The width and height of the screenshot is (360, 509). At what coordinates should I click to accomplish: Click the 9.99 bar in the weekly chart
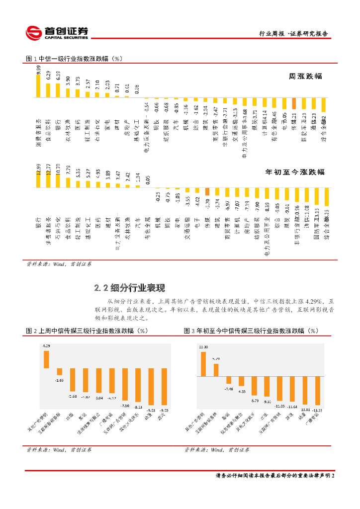tap(38, 87)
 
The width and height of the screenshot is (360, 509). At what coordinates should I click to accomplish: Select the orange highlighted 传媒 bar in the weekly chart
tap(294, 103)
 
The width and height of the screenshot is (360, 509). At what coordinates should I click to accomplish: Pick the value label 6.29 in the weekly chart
tap(48, 76)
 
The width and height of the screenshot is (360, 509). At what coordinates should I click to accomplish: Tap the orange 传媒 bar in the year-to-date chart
tap(207, 191)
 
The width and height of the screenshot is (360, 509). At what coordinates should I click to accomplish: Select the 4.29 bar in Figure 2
tap(47, 359)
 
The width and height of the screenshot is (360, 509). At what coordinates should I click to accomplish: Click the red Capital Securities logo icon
tap(34, 33)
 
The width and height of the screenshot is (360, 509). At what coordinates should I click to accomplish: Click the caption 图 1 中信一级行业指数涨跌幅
tap(74, 59)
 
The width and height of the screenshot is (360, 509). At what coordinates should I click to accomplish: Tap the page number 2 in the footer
tap(333, 476)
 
